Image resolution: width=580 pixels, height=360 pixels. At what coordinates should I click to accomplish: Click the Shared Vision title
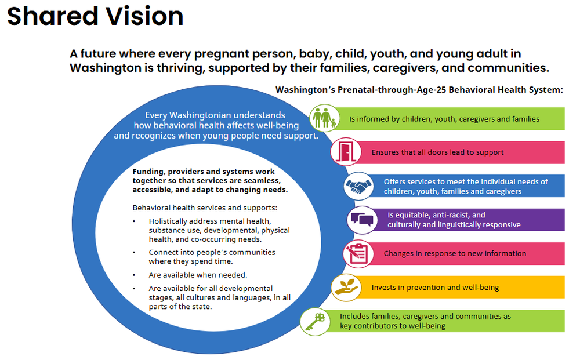click(x=95, y=16)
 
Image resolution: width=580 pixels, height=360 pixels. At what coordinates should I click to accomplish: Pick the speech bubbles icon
click(x=362, y=220)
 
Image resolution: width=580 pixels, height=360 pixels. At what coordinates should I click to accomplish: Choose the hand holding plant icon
click(x=345, y=287)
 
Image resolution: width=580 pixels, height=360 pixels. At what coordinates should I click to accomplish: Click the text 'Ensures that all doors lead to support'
click(x=437, y=152)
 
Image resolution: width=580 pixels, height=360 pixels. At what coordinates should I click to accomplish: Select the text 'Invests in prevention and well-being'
click(x=435, y=288)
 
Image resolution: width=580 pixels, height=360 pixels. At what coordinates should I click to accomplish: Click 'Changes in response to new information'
click(x=455, y=253)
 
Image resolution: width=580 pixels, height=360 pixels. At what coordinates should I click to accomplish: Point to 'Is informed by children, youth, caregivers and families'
click(x=444, y=119)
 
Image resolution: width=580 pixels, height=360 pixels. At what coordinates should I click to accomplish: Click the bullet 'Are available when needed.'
click(x=198, y=275)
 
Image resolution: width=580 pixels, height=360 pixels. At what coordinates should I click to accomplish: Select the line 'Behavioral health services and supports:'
click(x=205, y=208)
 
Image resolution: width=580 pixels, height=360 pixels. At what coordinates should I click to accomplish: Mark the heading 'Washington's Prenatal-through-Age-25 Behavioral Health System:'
click(x=419, y=90)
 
